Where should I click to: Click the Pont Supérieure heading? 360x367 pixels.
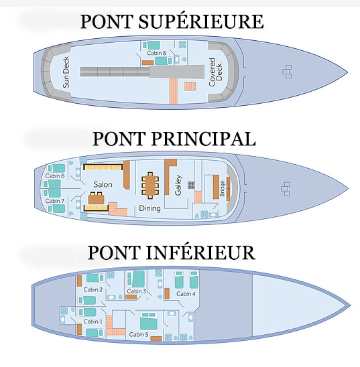pos(172,21)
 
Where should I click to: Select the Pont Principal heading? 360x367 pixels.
pos(174,139)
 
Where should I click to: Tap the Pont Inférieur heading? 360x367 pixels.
pos(172,252)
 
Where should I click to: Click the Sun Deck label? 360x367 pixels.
pos(66,72)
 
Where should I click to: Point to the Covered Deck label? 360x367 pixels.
pos(215,72)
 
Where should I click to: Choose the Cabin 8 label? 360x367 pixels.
pos(156,53)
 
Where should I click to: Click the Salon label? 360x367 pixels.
pos(103,184)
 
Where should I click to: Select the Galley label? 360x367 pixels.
pos(178,185)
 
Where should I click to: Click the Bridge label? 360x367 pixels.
pos(222,188)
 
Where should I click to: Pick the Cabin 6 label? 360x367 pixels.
pos(55,176)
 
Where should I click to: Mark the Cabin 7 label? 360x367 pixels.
pos(55,201)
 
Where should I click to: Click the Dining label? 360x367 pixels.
pos(150,208)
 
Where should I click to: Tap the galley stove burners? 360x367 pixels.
pos(191,185)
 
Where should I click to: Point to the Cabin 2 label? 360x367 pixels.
pos(93,289)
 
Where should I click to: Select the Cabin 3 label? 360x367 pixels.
pos(137,291)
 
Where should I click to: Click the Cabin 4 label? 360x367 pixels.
pos(186,293)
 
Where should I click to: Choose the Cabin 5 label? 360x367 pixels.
pos(139,334)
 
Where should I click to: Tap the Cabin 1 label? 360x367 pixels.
pos(93,321)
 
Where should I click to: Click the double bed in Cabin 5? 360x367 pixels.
pos(149,321)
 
